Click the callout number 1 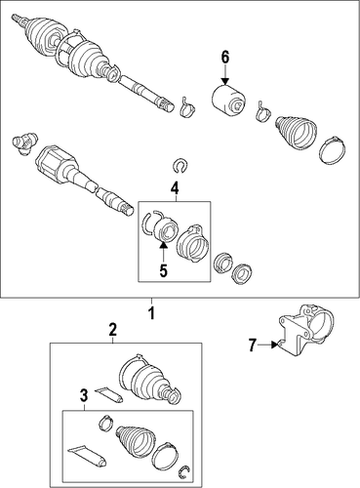[x=151, y=313]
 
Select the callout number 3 [x=84, y=395]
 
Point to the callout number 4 [x=175, y=187]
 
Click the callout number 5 [x=163, y=270]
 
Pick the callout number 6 [x=225, y=58]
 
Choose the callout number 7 [x=252, y=345]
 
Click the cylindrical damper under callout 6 [x=228, y=100]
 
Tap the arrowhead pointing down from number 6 [x=225, y=81]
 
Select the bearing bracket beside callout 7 [x=305, y=329]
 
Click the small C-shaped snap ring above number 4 [x=179, y=166]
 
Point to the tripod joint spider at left [x=24, y=142]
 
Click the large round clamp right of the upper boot [x=332, y=148]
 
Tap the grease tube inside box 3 [x=87, y=456]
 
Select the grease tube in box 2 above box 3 [x=108, y=394]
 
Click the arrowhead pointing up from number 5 [x=164, y=247]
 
